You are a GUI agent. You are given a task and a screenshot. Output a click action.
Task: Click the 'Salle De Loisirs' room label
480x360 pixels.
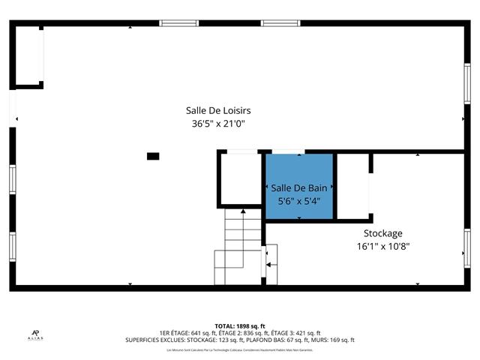[218, 110]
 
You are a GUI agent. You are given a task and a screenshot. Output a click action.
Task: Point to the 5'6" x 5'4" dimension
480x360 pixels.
[299, 201]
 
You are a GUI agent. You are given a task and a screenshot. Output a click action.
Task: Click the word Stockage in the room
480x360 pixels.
[382, 232]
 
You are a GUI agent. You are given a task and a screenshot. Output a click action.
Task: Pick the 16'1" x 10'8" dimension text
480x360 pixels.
[382, 245]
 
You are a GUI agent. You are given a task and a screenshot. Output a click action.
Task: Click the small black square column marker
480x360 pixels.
[153, 156]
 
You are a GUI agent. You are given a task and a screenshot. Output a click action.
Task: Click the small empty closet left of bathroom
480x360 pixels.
[240, 178]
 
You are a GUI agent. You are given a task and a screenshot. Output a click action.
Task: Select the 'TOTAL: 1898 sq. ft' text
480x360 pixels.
[240, 326]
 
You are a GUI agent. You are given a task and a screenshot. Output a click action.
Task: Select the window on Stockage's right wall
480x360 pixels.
[466, 247]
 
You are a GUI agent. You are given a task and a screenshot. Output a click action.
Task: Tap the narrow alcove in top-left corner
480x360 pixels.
[28, 57]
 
